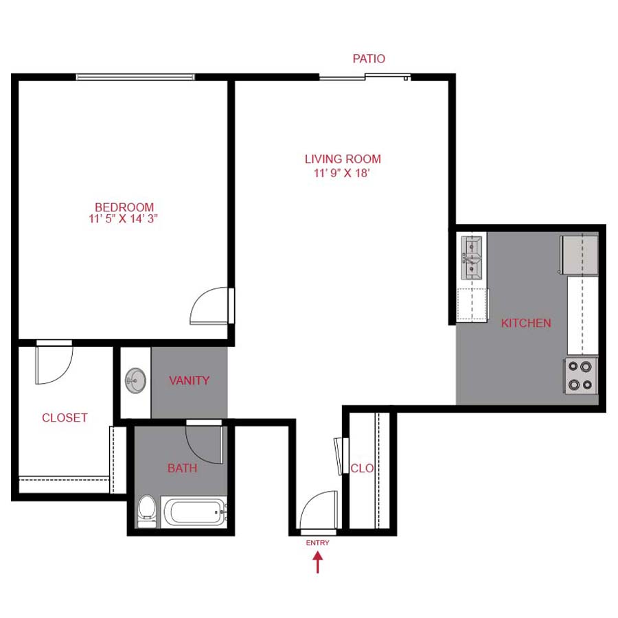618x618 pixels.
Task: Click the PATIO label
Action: (x=369, y=59)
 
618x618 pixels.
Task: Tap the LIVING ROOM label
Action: (x=343, y=159)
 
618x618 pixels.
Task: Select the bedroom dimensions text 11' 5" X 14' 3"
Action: (x=124, y=220)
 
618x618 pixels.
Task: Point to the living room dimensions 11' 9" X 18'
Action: (x=343, y=174)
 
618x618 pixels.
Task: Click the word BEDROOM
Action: (x=124, y=207)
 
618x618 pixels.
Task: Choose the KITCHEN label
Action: (x=526, y=323)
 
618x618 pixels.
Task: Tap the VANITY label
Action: (x=189, y=380)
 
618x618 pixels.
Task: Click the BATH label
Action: (x=182, y=468)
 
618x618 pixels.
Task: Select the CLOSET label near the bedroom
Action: (x=65, y=417)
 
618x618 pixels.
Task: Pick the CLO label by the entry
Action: (x=362, y=468)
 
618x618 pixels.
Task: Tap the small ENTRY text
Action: (x=317, y=543)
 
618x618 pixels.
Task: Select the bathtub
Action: (x=194, y=512)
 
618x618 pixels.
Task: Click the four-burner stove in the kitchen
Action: (x=581, y=376)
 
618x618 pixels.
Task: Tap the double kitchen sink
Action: (x=473, y=258)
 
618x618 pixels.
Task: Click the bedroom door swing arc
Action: (x=209, y=306)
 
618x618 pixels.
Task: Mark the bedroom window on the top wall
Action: (x=135, y=77)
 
